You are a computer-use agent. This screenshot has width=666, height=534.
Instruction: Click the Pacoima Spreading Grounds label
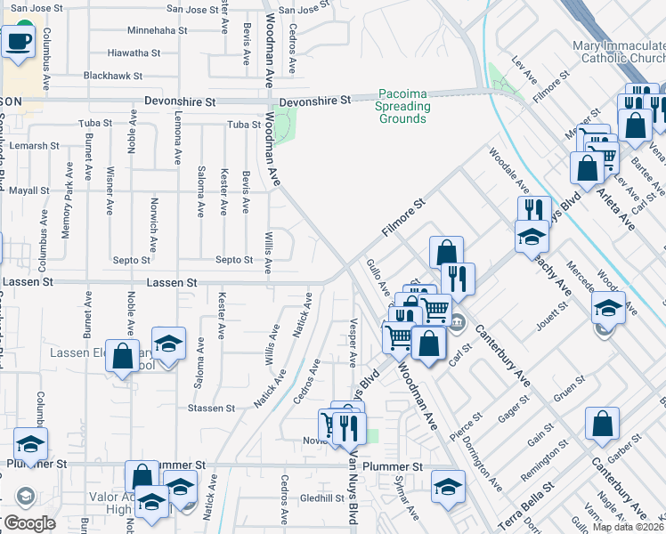click(404, 106)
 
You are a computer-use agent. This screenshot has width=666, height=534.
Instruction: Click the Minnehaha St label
click(158, 29)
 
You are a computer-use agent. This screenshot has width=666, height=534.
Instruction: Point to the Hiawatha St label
click(134, 53)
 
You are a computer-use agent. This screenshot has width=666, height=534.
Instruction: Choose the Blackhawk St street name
click(113, 76)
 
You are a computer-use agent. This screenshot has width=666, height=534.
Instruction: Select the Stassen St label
click(211, 409)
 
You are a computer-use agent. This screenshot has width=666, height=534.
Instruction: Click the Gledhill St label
click(321, 498)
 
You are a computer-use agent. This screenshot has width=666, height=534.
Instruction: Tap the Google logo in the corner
click(28, 522)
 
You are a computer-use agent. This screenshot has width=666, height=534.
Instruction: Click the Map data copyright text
click(627, 527)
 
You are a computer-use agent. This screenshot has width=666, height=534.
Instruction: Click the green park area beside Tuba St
click(284, 126)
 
